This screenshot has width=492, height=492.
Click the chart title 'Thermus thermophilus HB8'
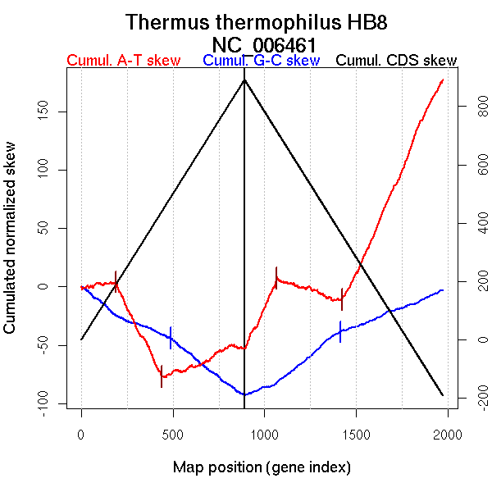coord(256,22)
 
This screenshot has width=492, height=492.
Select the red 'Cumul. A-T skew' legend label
coord(123,61)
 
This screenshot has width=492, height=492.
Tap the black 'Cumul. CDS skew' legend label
coord(397,61)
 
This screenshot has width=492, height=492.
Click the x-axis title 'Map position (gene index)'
coord(262,467)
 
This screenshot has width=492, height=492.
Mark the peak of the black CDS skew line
coord(244,80)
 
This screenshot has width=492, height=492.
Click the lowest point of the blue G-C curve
coord(244,394)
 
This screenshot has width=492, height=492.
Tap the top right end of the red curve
coord(443,80)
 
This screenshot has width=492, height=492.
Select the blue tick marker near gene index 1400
coord(340,331)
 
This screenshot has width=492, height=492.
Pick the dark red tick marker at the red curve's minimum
coord(162,376)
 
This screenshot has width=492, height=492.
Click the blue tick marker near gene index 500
coord(171,337)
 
